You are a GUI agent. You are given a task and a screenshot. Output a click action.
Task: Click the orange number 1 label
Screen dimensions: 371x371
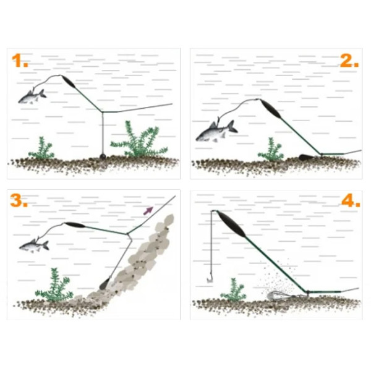pos(20,61)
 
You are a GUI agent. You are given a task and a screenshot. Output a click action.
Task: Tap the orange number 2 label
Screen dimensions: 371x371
pos(349,61)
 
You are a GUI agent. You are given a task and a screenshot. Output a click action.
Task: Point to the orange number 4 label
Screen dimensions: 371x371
pos(351,200)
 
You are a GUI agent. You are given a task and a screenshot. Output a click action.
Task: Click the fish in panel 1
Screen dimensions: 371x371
pos(32,97)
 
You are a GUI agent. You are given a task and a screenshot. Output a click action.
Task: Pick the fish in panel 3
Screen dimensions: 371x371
pos(34,246)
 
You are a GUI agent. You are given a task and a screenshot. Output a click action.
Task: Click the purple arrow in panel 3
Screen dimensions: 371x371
pos(148,211)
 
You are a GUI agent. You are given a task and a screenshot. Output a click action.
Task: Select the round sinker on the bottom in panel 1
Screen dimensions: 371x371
pos(103,156)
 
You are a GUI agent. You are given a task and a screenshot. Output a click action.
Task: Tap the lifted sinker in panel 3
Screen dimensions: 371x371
pos(105,283)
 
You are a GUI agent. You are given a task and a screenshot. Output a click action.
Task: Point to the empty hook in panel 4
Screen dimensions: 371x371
pos(210,279)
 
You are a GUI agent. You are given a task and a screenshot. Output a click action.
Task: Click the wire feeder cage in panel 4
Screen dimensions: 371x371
pos(279,296)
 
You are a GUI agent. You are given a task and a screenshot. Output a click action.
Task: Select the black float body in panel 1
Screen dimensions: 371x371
pos(68,82)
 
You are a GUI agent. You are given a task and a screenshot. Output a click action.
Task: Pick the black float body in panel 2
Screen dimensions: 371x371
pos(271,109)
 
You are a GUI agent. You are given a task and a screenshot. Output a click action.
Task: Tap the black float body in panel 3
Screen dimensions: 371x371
pos(75,225)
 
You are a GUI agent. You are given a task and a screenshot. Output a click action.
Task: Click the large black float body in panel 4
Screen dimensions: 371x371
pos(231,224)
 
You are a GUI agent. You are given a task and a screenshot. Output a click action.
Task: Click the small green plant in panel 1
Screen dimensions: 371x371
pos(41,148)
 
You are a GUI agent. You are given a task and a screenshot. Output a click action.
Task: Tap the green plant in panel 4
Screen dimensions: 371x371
pos(234,291)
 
